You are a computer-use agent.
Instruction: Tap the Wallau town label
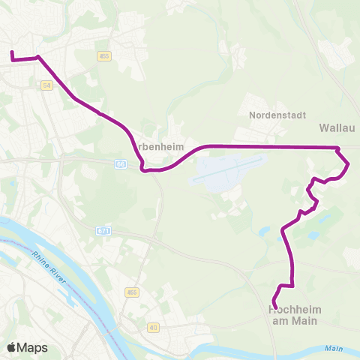click(333, 127)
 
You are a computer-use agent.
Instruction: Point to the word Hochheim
click(292, 309)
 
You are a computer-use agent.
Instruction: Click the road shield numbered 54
click(47, 86)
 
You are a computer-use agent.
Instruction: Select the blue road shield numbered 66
click(121, 163)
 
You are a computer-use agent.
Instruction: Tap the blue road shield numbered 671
click(104, 232)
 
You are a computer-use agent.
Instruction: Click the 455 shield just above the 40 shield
click(133, 292)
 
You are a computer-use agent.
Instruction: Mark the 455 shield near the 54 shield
click(104, 55)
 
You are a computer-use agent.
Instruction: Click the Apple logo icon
click(11, 347)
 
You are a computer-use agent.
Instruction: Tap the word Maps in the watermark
click(33, 347)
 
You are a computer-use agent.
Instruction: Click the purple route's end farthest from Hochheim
click(12, 52)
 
